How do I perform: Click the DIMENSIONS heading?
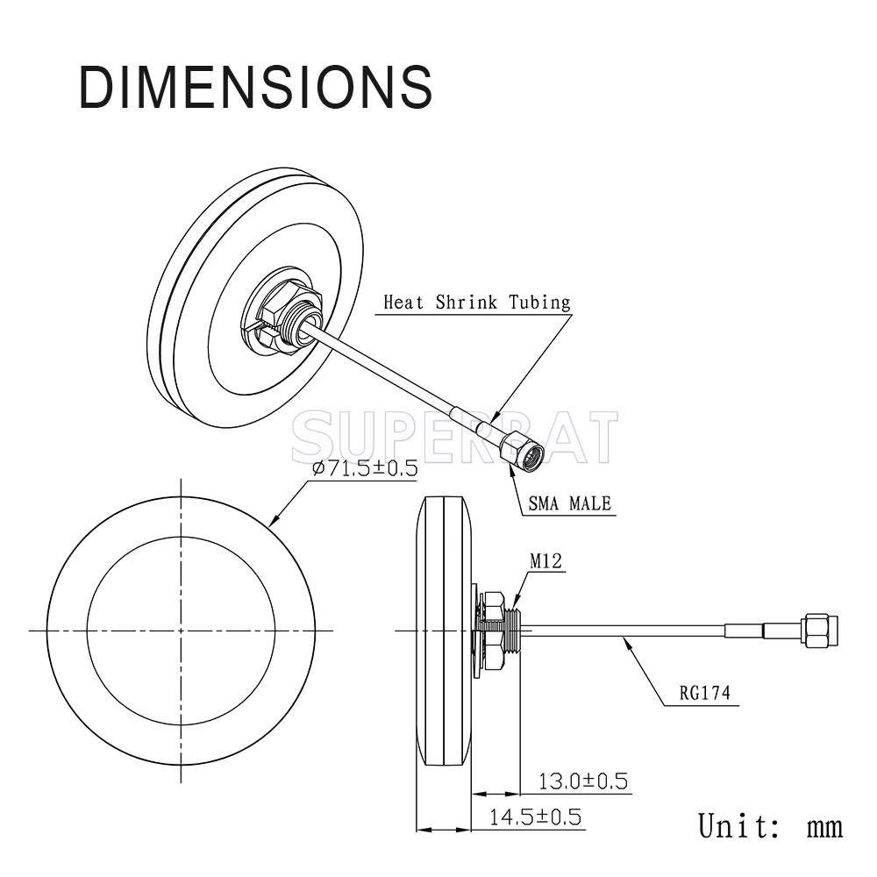(x=255, y=87)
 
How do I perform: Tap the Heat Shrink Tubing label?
(x=476, y=303)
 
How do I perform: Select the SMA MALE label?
(x=569, y=503)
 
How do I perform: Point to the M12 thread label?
(x=545, y=560)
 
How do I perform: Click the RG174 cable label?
(x=705, y=693)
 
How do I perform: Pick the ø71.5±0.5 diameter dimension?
(x=365, y=468)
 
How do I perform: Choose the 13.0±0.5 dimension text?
(x=583, y=781)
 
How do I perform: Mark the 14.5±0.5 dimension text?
(x=535, y=817)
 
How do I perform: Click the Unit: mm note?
(x=770, y=825)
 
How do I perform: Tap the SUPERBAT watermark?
(x=454, y=437)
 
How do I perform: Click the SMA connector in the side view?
(x=820, y=631)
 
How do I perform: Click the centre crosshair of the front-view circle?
(x=181, y=631)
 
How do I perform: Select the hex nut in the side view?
(x=493, y=631)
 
